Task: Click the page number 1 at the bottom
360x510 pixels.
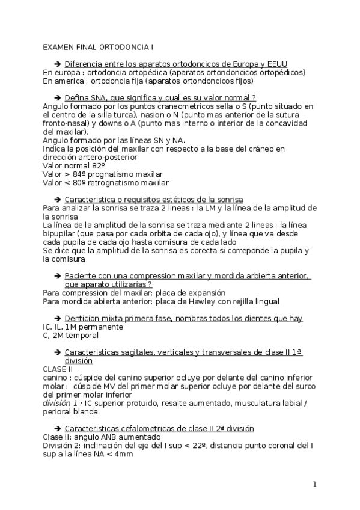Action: [314, 484]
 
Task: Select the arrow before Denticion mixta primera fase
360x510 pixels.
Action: [58, 318]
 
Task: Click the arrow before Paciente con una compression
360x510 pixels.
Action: [58, 275]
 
